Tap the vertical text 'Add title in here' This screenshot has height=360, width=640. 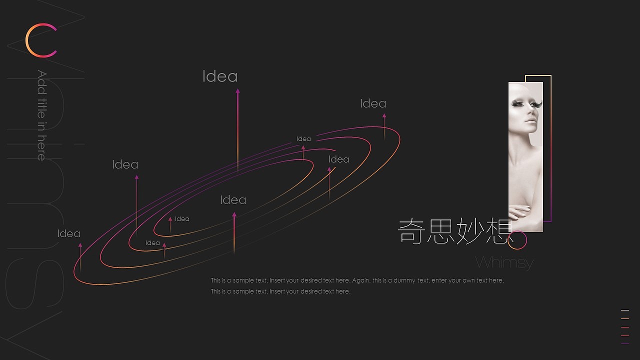42,115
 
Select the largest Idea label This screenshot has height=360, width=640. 220,76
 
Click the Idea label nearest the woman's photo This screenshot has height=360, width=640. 373,103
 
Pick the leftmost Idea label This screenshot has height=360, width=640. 68,233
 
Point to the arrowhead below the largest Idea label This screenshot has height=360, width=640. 237,91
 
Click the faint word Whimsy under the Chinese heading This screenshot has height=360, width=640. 504,262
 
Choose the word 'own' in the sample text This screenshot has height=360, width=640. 468,280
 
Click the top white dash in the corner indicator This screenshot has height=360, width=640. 624,310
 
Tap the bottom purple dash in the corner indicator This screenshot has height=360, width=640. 624,343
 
